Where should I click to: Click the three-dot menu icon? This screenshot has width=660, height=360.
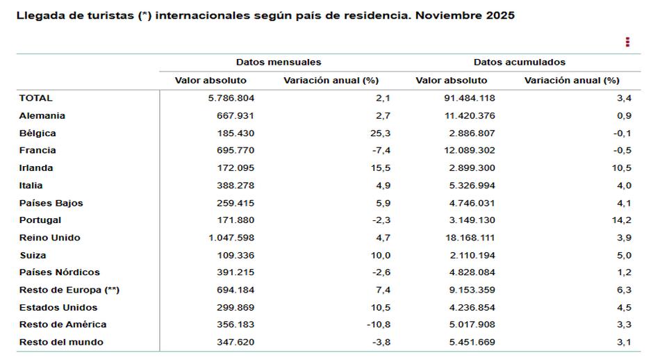click(627, 42)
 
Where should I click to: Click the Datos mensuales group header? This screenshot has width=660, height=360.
click(278, 63)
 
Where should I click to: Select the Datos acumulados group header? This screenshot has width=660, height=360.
click(520, 63)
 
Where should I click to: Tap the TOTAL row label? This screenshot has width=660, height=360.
click(36, 98)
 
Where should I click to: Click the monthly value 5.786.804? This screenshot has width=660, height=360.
click(231, 98)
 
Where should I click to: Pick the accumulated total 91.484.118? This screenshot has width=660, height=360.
click(469, 98)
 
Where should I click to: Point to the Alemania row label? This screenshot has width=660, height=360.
click(42, 115)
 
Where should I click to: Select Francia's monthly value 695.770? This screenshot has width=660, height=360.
click(236, 150)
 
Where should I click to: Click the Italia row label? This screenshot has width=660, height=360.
click(31, 185)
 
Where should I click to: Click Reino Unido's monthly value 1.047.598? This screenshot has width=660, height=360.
click(231, 238)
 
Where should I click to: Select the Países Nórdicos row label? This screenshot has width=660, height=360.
click(60, 272)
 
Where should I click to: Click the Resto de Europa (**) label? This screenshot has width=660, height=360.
click(69, 290)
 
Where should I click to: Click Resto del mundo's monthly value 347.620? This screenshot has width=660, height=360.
click(236, 342)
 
